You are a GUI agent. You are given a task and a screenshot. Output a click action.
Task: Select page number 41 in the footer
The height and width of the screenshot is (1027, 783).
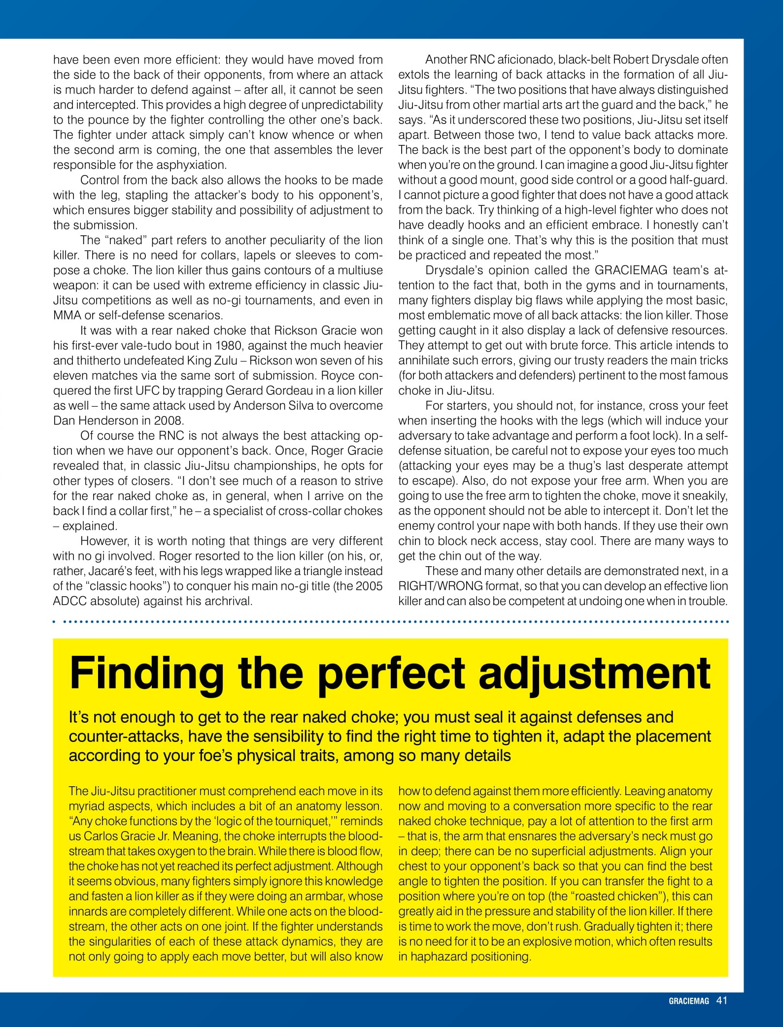click(722, 1000)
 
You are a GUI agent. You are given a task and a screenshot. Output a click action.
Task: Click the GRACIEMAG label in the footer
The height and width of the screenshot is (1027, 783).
click(688, 1001)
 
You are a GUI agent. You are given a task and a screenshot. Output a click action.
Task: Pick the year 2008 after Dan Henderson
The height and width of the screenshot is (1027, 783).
click(169, 421)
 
